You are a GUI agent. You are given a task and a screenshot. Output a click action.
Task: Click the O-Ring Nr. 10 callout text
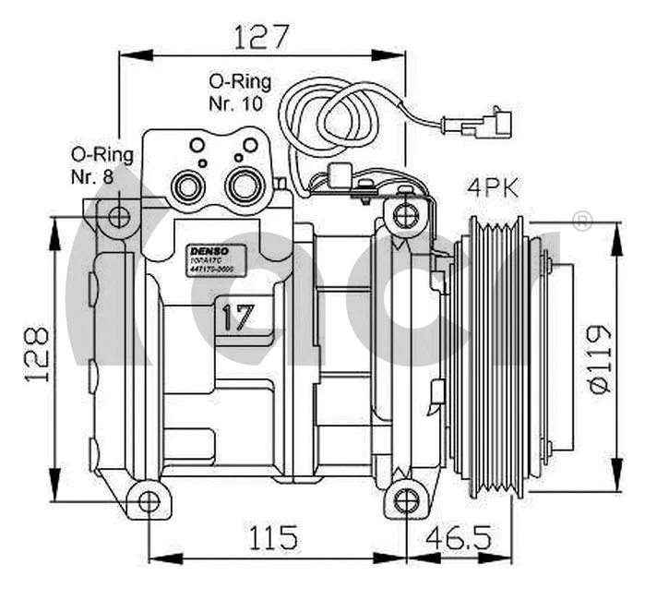235,93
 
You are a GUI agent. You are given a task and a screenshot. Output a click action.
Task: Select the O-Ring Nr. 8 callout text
101,164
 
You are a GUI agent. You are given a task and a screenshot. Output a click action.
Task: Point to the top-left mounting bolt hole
119,218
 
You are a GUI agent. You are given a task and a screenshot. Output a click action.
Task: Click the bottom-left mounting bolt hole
149,500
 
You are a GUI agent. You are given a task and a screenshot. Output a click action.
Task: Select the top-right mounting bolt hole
403,217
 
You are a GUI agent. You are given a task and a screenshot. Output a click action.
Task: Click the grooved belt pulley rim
494,355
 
